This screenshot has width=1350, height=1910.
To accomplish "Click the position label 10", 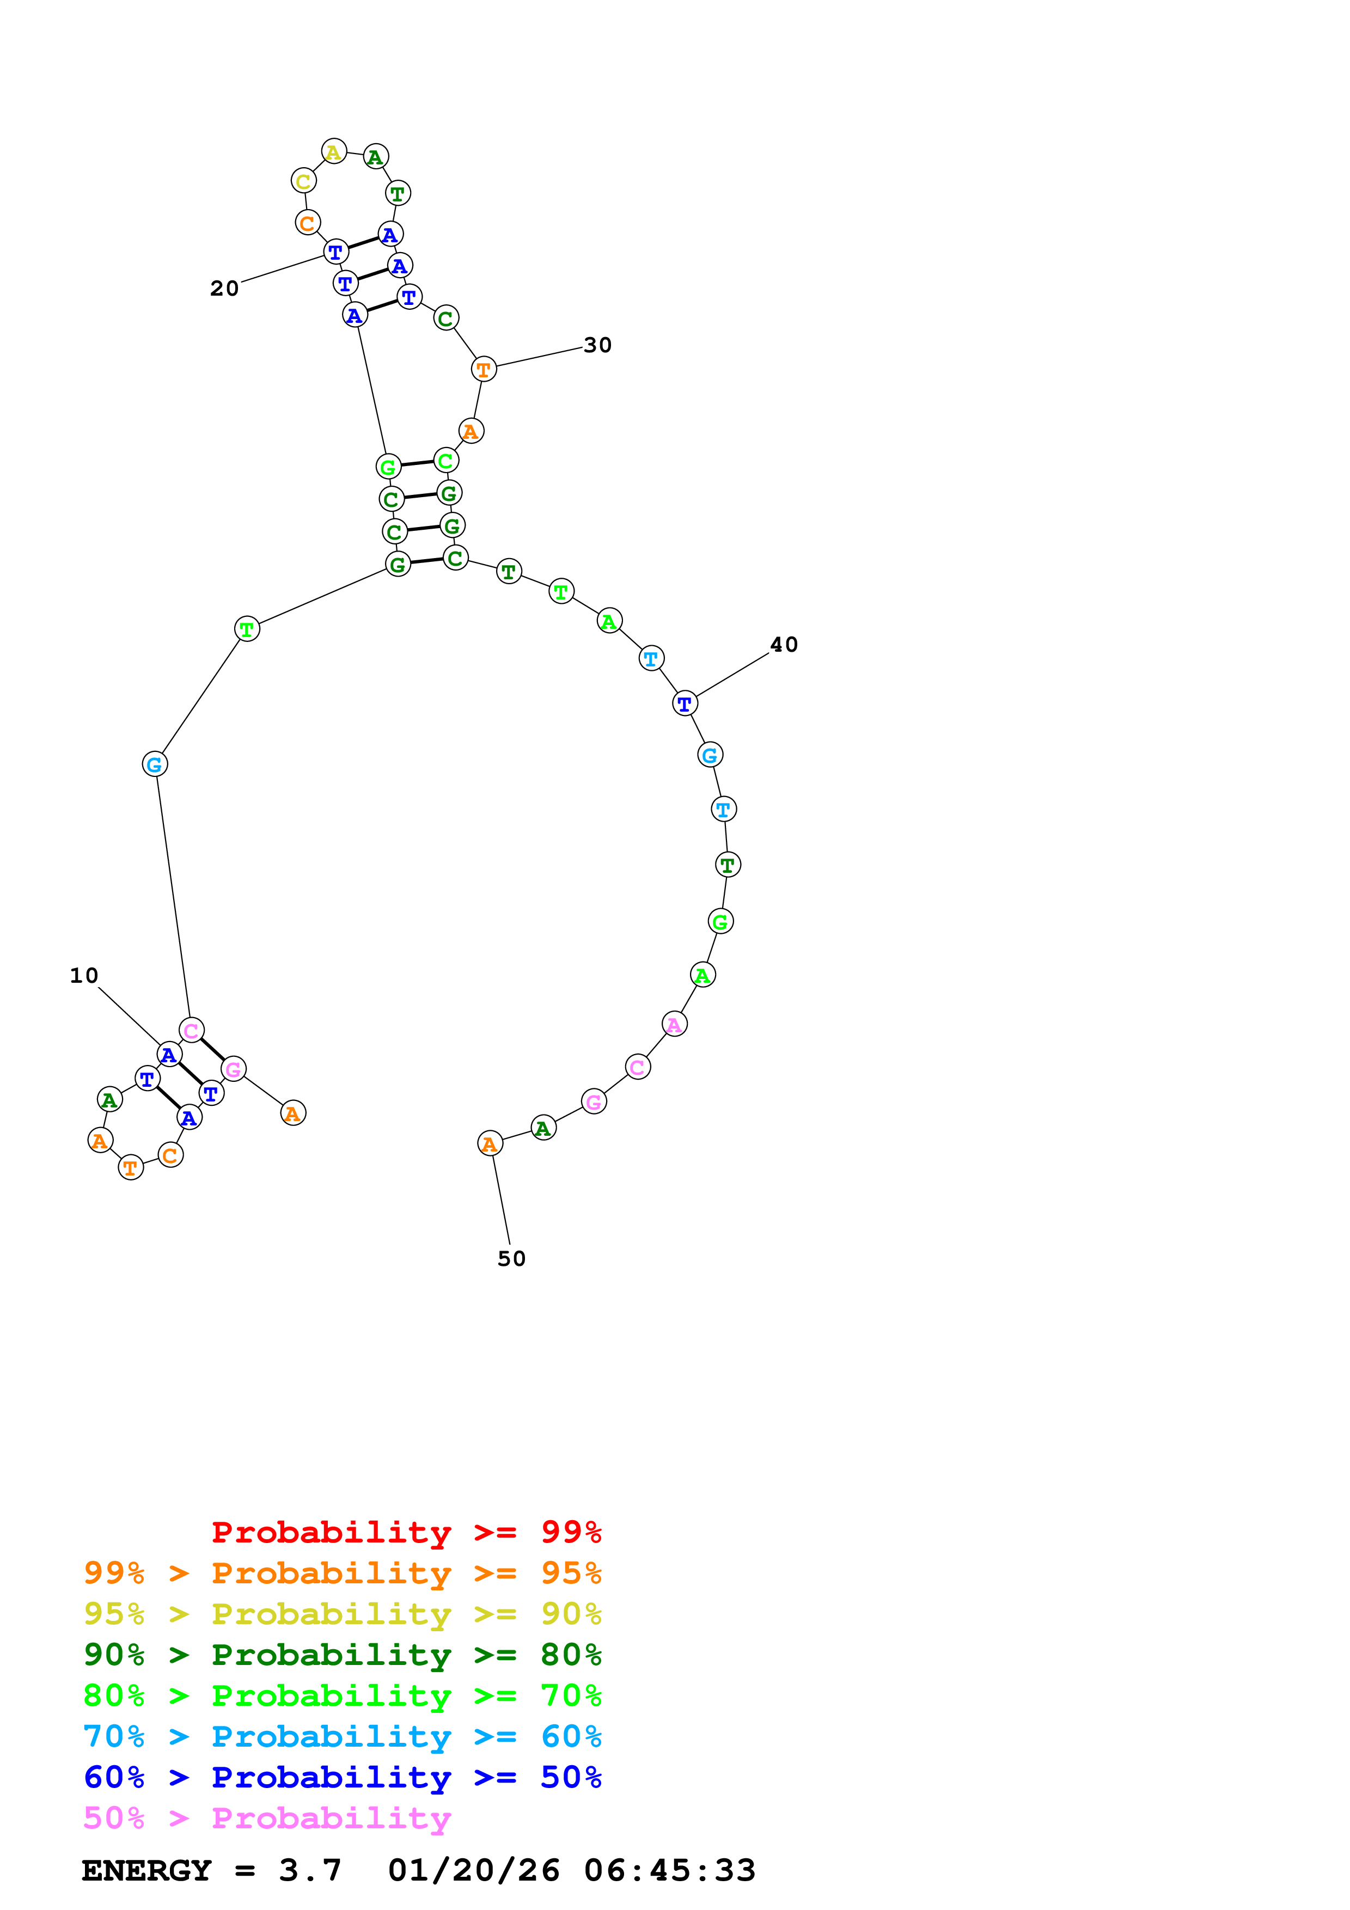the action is click(84, 976).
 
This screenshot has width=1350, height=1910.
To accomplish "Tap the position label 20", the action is click(224, 289).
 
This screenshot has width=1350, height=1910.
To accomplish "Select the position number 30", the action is click(597, 345).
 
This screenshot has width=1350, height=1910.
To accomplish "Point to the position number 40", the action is click(784, 645).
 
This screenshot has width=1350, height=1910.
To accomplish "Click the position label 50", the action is click(511, 1259).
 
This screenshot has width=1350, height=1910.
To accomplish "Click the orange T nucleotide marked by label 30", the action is click(483, 369).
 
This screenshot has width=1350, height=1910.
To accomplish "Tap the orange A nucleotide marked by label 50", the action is click(490, 1144).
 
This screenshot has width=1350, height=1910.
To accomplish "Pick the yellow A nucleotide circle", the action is click(333, 151).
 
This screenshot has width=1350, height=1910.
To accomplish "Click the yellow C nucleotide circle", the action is click(304, 181).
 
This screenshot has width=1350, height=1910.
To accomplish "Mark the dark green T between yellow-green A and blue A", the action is click(398, 193).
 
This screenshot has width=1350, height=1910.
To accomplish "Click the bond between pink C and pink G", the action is click(212, 1049).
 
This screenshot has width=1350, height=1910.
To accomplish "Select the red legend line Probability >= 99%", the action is click(406, 1532).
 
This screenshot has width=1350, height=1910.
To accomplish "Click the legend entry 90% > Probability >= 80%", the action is click(342, 1655).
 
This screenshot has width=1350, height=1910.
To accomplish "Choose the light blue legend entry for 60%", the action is click(342, 1736).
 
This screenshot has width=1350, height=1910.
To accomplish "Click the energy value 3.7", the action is click(309, 1870).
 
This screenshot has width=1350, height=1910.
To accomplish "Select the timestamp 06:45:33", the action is click(670, 1870).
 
